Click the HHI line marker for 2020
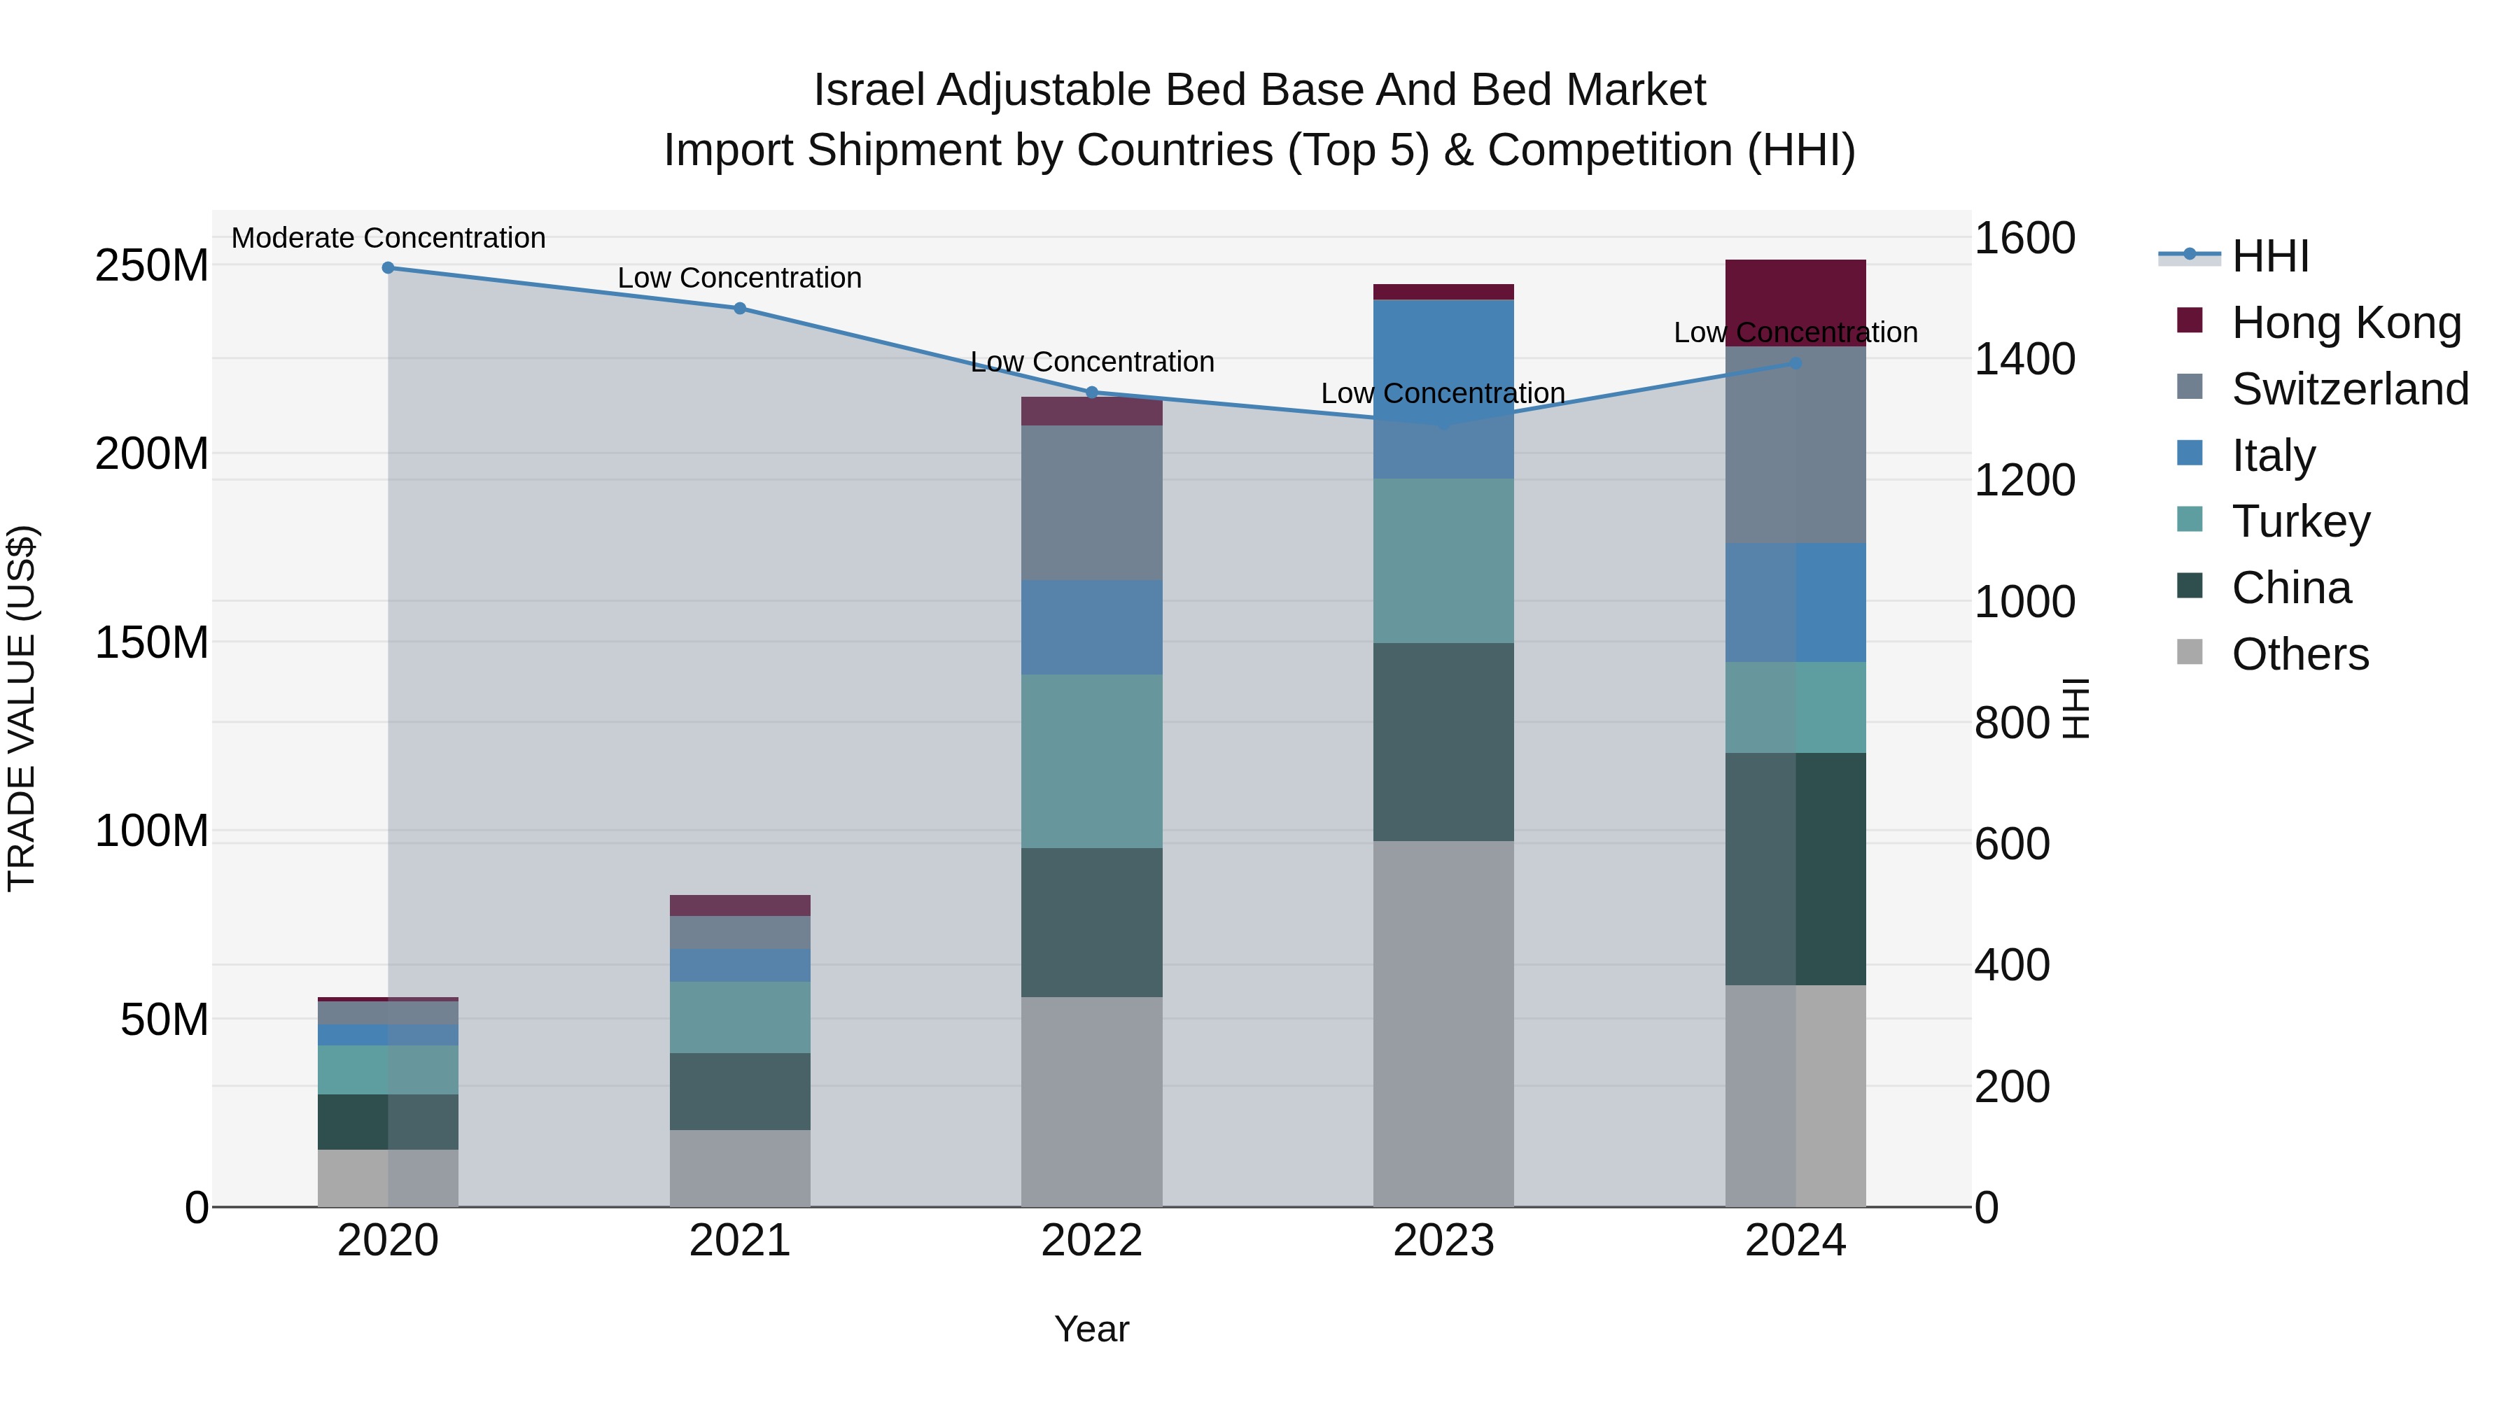[388, 267]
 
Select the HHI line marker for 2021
[740, 308]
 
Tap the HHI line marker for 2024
[1795, 362]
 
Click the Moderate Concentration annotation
[388, 238]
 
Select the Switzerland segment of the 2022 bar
[1092, 502]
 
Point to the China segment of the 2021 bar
[740, 1092]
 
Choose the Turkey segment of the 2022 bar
[1092, 761]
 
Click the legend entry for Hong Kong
[2345, 323]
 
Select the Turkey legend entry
[2300, 521]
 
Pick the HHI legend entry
[2269, 256]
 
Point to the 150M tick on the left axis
[152, 642]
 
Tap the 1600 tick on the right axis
[2024, 238]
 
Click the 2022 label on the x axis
[1092, 1241]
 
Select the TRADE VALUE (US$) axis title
[22, 708]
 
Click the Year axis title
[1092, 1329]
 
